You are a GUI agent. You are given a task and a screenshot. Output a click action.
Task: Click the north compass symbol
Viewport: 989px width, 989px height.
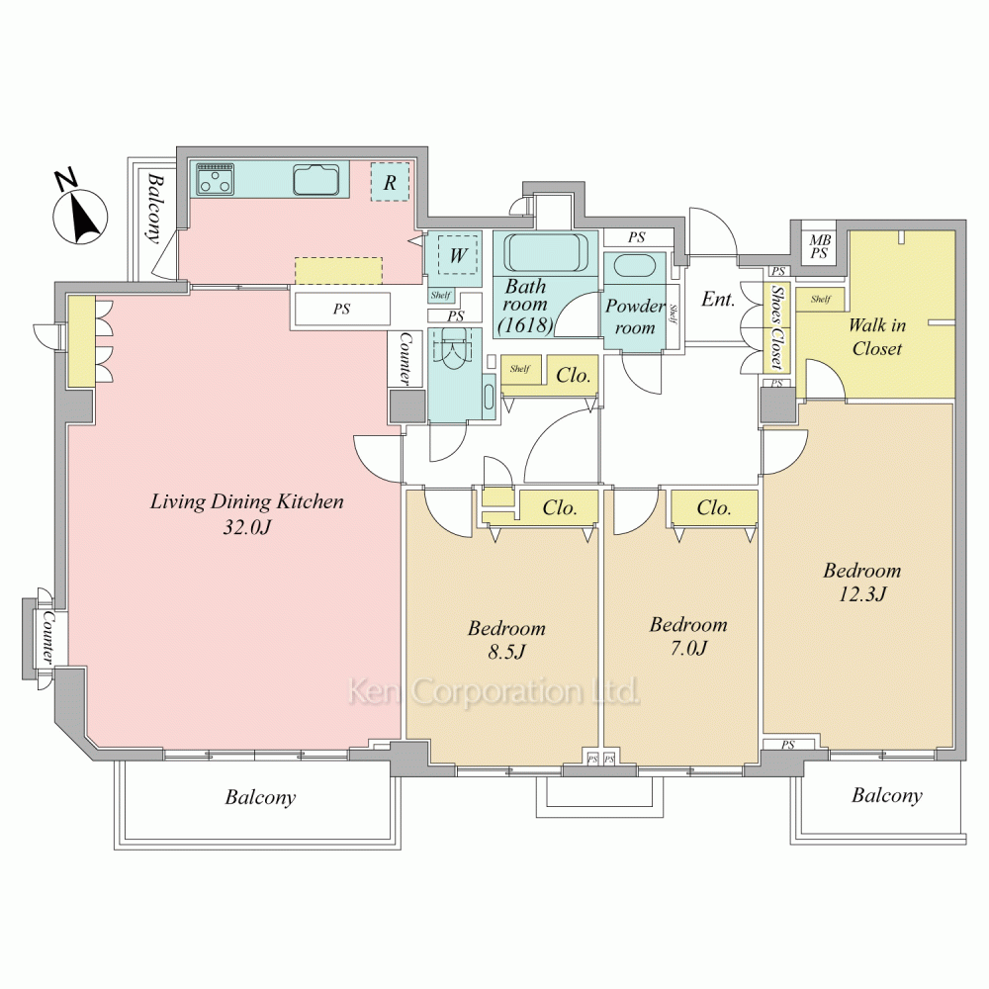click(79, 212)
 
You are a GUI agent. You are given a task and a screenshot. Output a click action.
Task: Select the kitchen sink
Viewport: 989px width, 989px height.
click(321, 178)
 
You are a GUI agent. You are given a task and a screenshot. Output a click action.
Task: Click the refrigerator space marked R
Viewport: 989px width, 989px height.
click(390, 182)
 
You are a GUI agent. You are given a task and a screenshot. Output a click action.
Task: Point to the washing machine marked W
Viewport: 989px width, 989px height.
click(458, 255)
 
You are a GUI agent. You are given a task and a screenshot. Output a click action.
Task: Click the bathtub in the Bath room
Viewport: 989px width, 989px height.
click(544, 253)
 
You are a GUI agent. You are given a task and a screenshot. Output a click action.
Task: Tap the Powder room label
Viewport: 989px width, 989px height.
click(635, 316)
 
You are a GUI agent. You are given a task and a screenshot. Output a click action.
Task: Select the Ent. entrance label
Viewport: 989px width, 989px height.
click(718, 299)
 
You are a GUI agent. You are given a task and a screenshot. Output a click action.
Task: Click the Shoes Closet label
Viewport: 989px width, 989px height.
click(777, 326)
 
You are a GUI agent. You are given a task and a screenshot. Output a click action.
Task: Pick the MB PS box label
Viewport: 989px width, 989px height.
click(819, 246)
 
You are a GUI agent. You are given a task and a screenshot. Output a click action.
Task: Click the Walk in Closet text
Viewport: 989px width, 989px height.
click(876, 337)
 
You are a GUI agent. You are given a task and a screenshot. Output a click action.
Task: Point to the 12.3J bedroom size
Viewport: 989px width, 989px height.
click(862, 594)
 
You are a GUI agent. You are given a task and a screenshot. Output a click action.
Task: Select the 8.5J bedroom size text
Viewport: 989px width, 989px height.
click(506, 652)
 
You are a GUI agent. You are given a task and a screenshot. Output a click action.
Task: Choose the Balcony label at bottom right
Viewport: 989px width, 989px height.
click(887, 796)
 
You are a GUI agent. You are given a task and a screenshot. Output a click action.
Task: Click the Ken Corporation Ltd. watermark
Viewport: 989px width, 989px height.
click(494, 691)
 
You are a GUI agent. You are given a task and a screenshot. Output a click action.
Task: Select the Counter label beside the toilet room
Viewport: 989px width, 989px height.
click(405, 359)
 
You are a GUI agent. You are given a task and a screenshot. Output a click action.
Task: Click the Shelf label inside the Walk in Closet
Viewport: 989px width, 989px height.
click(821, 299)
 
